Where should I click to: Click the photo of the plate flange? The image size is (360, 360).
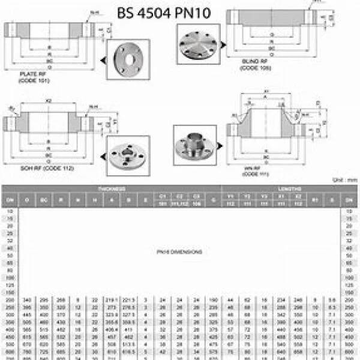(128, 59)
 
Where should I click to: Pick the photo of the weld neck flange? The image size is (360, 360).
(195, 145)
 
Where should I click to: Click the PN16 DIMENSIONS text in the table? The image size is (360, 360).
(179, 252)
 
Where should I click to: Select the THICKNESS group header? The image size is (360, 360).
(112, 188)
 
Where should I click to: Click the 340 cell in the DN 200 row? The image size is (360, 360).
(27, 299)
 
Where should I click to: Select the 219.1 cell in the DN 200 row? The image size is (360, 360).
(112, 299)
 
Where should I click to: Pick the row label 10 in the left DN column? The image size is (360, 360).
(9, 212)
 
